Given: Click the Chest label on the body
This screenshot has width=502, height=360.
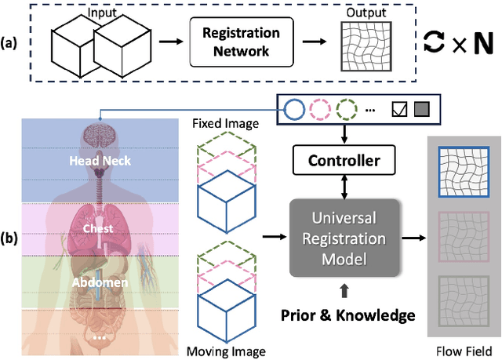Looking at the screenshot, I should (98, 228).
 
